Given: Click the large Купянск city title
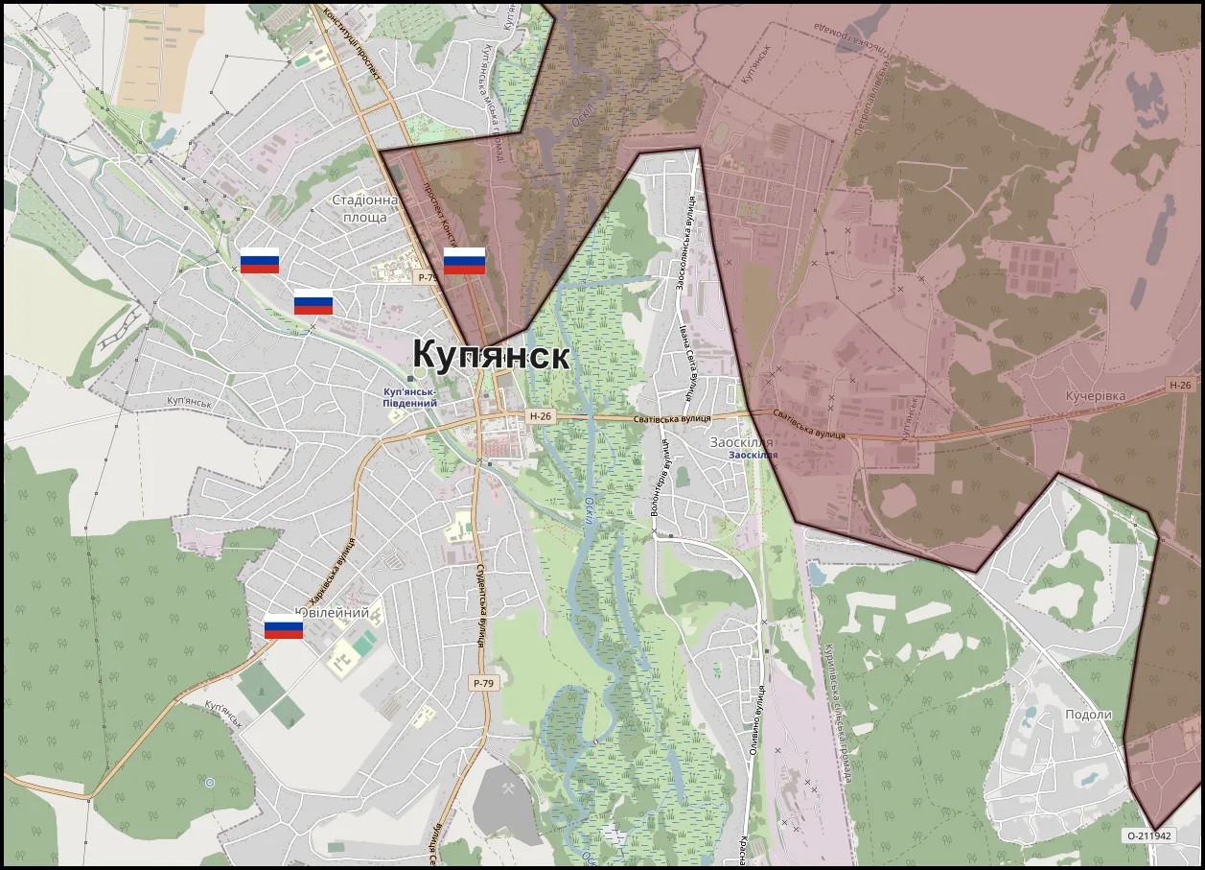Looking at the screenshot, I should [x=491, y=355].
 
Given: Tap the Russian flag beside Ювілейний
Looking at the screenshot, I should [x=284, y=626].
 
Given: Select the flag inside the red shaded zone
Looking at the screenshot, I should [x=464, y=261].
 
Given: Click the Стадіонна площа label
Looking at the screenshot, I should [x=364, y=209].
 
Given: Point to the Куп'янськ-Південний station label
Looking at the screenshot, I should [x=409, y=397].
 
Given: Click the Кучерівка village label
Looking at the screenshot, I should [x=1096, y=395].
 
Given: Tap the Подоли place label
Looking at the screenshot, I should [x=1088, y=715].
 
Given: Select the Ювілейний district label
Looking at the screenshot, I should [x=333, y=613].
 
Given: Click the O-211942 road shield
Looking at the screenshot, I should [x=1149, y=835].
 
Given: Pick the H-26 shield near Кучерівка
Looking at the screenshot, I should [x=1180, y=385].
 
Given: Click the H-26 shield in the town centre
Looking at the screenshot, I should [x=541, y=416].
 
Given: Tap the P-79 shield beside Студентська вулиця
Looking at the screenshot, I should [x=482, y=682].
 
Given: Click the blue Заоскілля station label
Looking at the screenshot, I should [x=753, y=454].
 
